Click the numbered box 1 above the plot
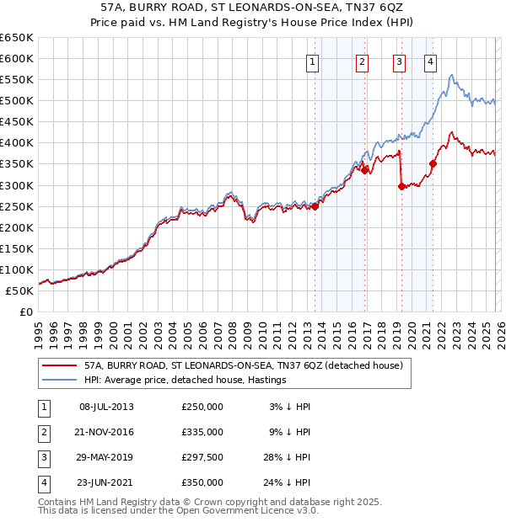coord(313,61)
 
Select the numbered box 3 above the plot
coord(398,61)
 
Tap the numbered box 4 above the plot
coord(430,61)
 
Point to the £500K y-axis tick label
coord(17,100)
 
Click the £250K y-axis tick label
coord(17,206)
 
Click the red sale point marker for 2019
coord(401,186)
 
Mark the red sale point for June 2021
coord(433,163)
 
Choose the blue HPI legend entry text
coord(185,381)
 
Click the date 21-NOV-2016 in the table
coord(106,432)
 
